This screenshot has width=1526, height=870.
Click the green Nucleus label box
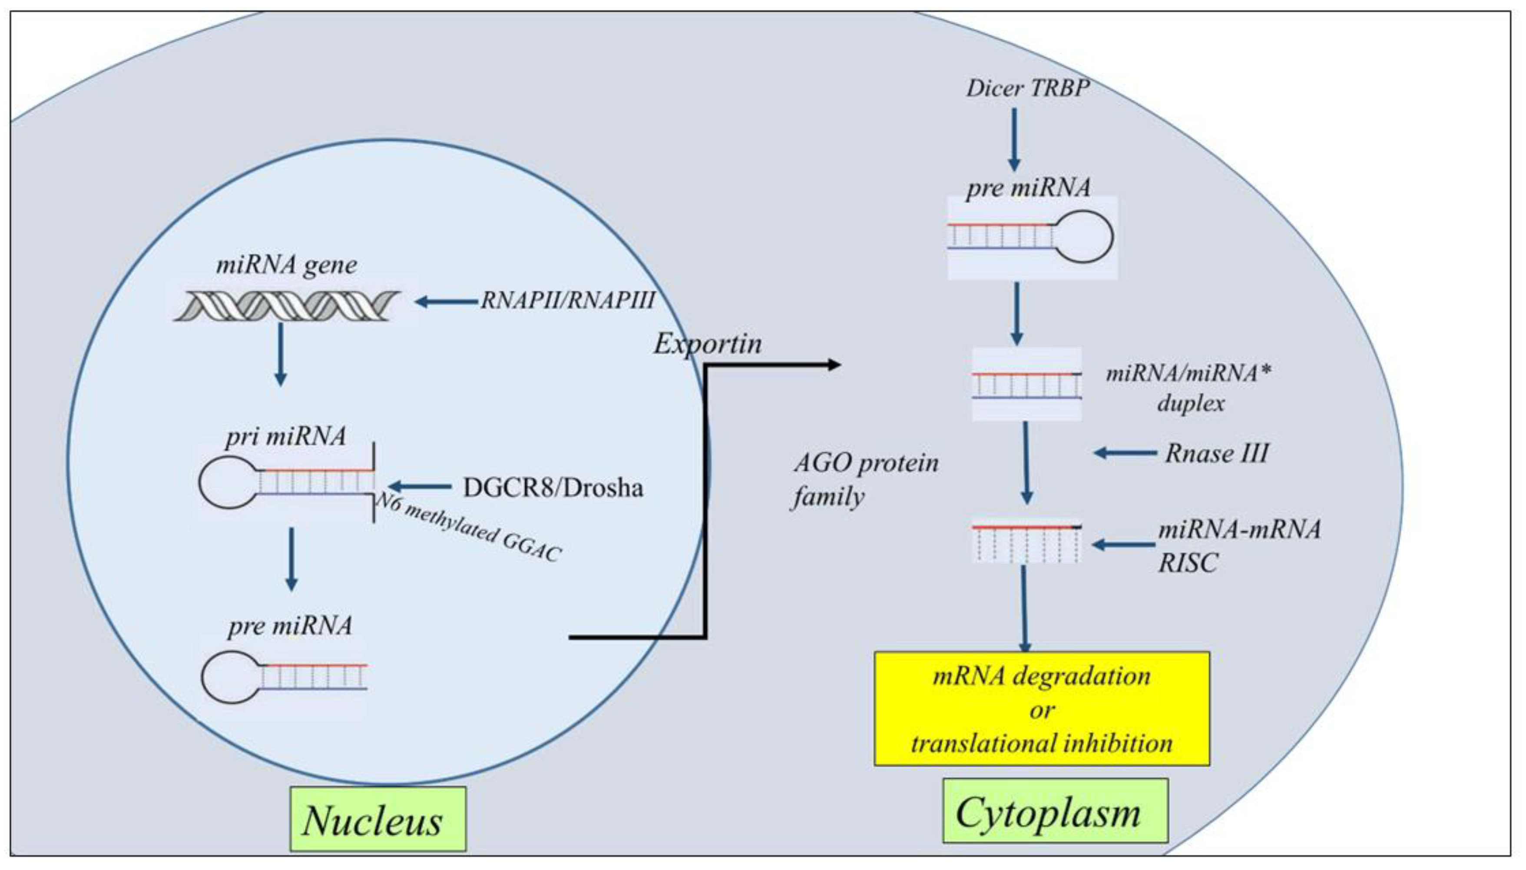377,819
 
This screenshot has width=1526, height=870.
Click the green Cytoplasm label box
1055,811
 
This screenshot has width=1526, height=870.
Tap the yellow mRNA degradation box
1042,709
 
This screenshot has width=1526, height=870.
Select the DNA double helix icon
287,306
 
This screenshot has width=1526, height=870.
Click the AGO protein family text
865,480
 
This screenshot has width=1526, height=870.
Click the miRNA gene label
286,265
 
